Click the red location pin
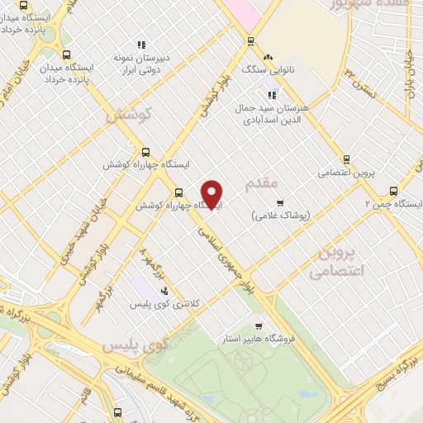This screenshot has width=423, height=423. coord(212,195)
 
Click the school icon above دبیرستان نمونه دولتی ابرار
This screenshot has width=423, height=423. coord(142,45)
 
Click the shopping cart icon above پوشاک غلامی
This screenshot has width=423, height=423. coord(280,202)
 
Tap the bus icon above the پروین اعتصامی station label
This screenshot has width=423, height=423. coord(347,159)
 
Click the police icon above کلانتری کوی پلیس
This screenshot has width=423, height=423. coord(164,291)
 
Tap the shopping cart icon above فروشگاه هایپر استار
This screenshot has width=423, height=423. coord(259,326)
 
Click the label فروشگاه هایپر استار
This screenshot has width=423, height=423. coord(259,339)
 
